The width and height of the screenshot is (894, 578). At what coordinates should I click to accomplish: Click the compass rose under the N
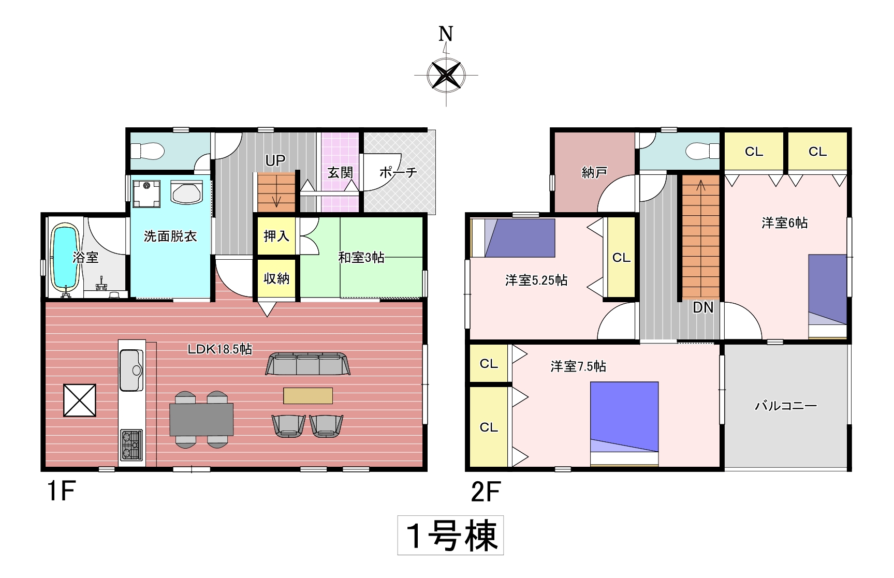(446, 76)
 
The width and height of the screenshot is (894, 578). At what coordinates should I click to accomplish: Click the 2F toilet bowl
(702, 151)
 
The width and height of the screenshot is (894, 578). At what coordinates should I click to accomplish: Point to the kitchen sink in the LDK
(131, 370)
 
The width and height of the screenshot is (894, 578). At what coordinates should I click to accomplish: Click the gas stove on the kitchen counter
(131, 445)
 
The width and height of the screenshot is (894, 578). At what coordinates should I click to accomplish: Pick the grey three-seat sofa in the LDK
(307, 364)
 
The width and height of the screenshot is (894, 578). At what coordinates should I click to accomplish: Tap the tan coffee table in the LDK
(307, 395)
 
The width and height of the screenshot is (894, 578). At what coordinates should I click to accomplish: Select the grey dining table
(201, 419)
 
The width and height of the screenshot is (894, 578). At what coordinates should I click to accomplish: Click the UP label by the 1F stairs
(275, 160)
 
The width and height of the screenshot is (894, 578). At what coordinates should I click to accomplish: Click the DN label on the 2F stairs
(703, 307)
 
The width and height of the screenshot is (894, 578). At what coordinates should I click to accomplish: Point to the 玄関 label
(340, 172)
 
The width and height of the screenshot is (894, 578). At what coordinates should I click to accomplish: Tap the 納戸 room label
(594, 172)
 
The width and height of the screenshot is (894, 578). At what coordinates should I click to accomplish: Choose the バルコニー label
(786, 406)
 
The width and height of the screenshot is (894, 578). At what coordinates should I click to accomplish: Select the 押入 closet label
(276, 236)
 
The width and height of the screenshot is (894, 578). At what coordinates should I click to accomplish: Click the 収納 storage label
(276, 278)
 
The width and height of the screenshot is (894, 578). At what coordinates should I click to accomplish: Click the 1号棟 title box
(450, 535)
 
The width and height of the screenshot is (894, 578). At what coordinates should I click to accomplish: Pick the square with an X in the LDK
(80, 400)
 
